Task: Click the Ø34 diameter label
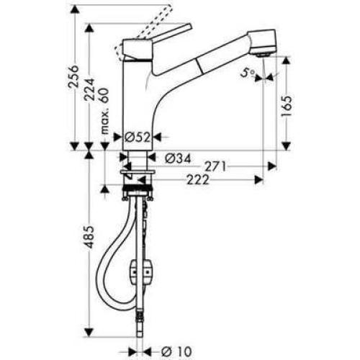pyautogui.click(x=177, y=158)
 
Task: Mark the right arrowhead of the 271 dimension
pyautogui.click(x=272, y=166)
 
